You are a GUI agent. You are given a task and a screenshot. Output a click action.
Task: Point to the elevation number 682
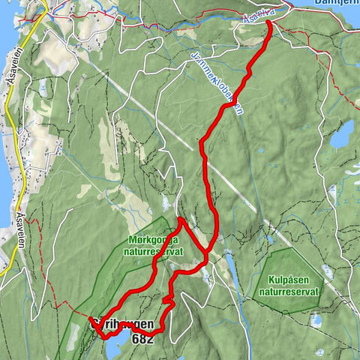pyautogui.click(x=142, y=339)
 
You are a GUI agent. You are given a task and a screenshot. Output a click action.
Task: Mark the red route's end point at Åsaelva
pyautogui.click(x=269, y=23)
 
